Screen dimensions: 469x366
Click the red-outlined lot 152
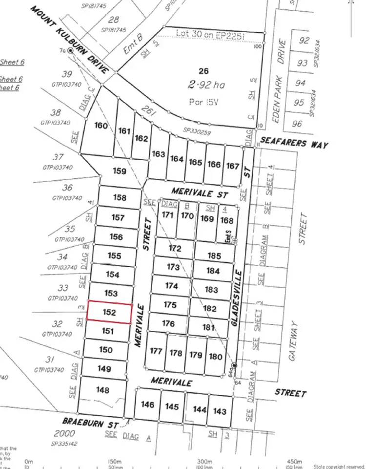point(109,313)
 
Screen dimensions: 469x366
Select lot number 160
point(101,126)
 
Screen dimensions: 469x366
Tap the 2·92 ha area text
point(206,85)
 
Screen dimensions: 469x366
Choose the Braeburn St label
point(90,423)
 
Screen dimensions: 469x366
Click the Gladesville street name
point(239,294)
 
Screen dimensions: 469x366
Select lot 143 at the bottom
point(220,411)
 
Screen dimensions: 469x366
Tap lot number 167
point(232,166)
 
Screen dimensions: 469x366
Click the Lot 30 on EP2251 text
point(209,35)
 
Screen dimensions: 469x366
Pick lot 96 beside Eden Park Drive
point(297,124)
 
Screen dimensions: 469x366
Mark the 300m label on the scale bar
point(204,461)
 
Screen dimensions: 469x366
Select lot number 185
point(214,256)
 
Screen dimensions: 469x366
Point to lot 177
point(156,351)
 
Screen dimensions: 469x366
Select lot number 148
point(102,390)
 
